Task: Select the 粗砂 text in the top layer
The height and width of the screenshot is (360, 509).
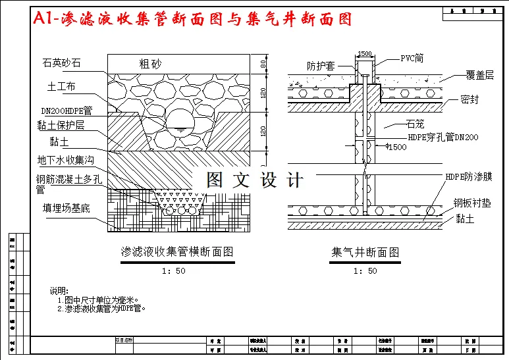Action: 149,64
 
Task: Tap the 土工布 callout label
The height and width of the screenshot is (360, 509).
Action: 61,86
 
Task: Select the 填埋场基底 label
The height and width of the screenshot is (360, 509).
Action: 67,209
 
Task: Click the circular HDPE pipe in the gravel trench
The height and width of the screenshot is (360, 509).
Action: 178,120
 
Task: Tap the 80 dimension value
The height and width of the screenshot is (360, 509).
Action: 263,64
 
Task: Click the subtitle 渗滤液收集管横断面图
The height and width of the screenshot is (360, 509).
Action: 177,251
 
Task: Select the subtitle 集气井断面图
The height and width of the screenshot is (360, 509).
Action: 365,251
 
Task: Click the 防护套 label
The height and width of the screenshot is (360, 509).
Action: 321,66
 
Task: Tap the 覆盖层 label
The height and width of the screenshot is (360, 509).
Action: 479,76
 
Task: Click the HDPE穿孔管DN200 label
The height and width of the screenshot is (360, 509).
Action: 443,137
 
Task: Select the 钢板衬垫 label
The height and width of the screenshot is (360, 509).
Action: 471,203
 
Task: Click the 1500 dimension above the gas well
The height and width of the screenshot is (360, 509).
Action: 365,53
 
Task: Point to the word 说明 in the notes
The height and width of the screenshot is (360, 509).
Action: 59,291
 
